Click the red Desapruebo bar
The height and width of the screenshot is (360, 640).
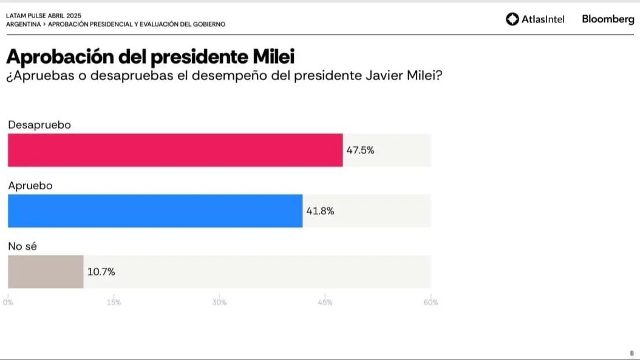[x=175, y=150]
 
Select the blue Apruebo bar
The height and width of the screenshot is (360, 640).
[x=155, y=211]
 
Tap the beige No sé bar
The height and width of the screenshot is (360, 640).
[x=46, y=271]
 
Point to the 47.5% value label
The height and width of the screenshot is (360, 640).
[x=360, y=151]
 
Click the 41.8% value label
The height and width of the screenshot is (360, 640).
[x=320, y=211]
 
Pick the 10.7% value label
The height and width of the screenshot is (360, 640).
[x=101, y=272]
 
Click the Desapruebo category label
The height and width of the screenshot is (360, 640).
[x=39, y=125]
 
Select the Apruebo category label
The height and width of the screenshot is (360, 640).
[x=30, y=186]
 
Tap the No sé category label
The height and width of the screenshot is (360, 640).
[x=24, y=246]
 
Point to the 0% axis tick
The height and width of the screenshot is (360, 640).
[x=8, y=302]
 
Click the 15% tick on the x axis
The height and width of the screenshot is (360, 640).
[x=114, y=302]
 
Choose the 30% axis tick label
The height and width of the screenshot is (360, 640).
[x=219, y=302]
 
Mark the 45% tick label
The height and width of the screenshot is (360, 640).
[x=325, y=302]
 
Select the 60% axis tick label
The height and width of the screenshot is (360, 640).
[x=431, y=302]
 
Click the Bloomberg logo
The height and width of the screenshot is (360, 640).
[x=608, y=19]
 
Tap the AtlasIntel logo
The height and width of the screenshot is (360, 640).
[x=535, y=19]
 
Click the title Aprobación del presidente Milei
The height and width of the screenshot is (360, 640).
[x=150, y=57]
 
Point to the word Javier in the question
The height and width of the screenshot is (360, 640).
[x=370, y=77]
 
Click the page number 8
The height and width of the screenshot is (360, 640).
[x=631, y=353]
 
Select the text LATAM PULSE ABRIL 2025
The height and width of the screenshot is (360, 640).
[x=43, y=15]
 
